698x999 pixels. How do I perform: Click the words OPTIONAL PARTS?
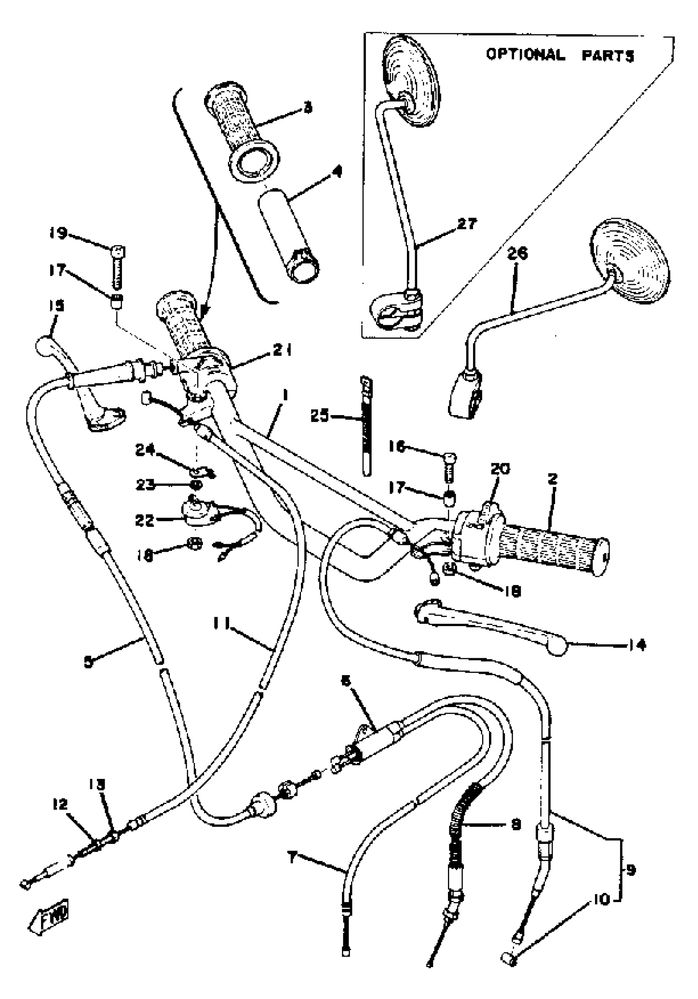click(x=560, y=55)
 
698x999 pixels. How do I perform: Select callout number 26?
click(x=517, y=253)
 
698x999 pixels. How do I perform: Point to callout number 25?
click(x=320, y=416)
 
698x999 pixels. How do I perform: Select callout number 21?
click(x=282, y=350)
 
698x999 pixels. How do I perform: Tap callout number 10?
click(x=601, y=899)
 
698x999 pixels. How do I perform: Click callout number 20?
click(x=500, y=469)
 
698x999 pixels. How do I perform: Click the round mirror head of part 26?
click(x=630, y=260)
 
